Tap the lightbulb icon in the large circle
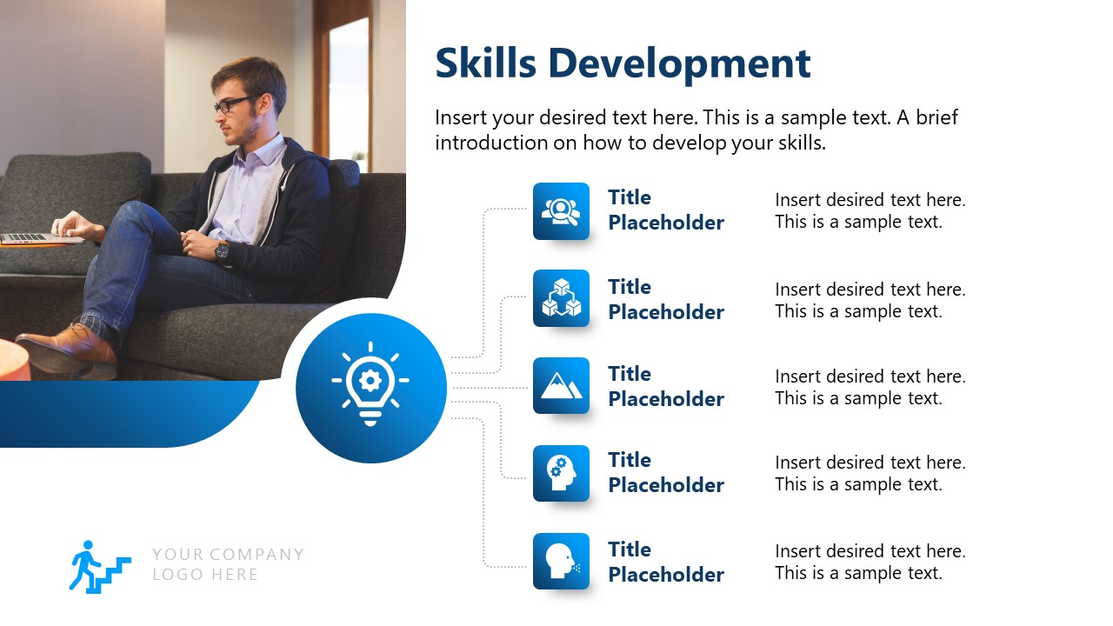[370, 383]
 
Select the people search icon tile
[561, 211]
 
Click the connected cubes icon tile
[561, 298]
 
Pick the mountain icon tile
[561, 385]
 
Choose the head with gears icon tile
[561, 473]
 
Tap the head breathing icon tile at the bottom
[561, 561]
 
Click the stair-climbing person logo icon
[98, 566]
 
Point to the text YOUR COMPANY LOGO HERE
[228, 564]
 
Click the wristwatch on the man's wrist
[223, 250]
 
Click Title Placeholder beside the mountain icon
[665, 386]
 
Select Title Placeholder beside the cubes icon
[665, 299]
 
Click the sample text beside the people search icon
[870, 210]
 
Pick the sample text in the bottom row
[870, 562]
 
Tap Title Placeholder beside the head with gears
[665, 472]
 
